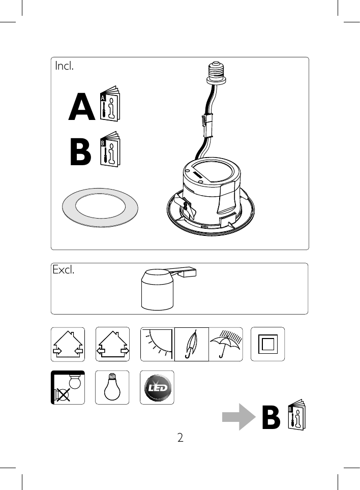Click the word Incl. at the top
pos(64,66)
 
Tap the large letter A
pos(82,109)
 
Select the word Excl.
pos(64,270)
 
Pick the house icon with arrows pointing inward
pos(68,344)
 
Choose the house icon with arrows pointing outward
pos(112,344)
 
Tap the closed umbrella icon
pos(192,344)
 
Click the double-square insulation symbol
pos(267,344)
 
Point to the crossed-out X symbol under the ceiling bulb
pos(62,394)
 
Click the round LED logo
pos(157,387)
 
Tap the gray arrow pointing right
pos(238,417)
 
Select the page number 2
pos(180,437)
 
